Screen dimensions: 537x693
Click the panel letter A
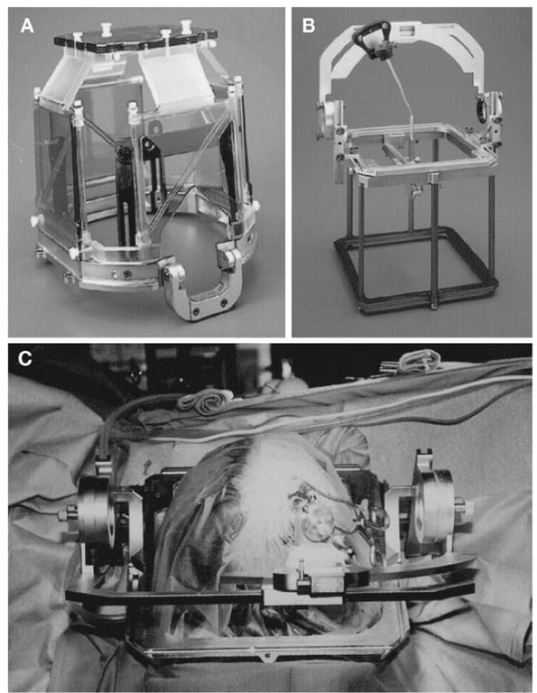click(27, 26)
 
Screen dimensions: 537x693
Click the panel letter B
click(309, 26)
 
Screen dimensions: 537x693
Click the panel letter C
click(24, 358)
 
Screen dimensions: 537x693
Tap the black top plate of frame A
click(135, 38)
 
